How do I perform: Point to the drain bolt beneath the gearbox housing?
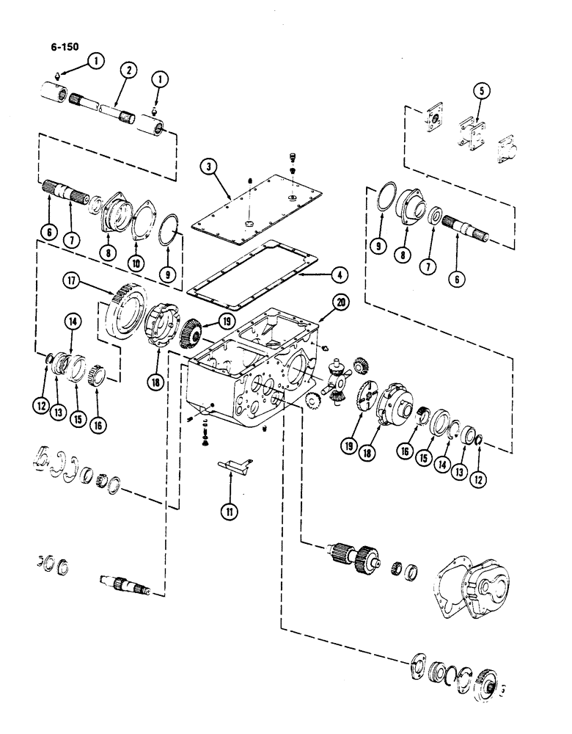coord(205,439)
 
